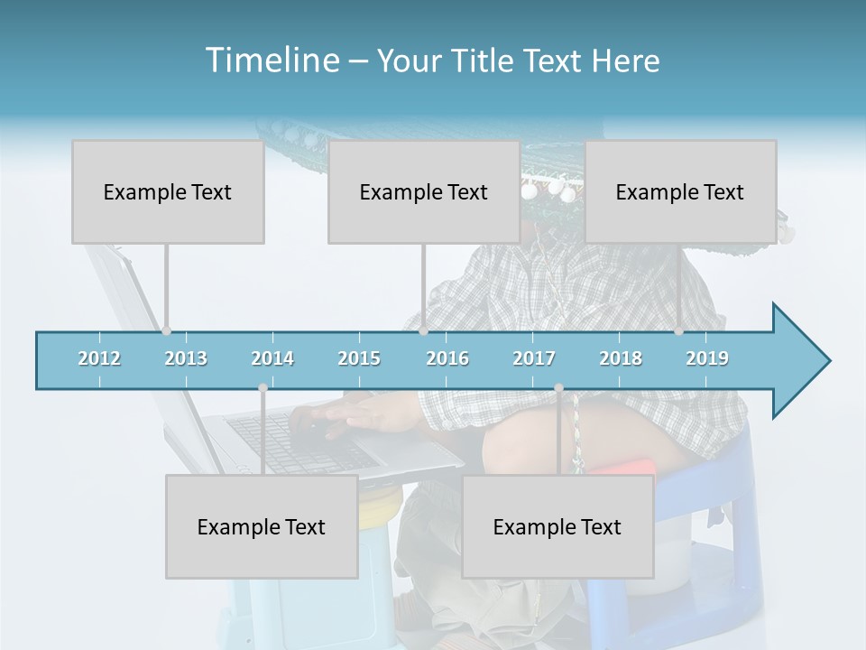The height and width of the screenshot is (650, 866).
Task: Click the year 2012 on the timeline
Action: coord(99,358)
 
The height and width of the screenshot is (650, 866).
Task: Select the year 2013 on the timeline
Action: coord(186,358)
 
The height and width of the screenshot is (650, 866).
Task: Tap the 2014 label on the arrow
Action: coord(272,358)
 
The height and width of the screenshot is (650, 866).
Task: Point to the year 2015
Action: coord(359,358)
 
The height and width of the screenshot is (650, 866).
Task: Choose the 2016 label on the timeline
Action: coord(447,358)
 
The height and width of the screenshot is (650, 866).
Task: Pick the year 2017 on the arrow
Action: coord(534,358)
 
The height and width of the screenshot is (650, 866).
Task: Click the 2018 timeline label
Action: coord(621,358)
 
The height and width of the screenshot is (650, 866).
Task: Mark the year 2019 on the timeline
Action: coord(707,358)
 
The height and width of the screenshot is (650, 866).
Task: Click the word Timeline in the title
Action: coord(271,60)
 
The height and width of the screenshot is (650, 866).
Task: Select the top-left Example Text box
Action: coord(168,191)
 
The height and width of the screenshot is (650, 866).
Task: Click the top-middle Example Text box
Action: coord(423,191)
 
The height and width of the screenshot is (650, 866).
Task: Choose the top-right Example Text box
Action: coord(680,191)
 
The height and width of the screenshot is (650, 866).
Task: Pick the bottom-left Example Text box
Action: coord(262,526)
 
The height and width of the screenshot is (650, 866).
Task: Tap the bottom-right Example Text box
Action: coord(557,526)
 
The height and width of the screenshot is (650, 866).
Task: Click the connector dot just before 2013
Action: coord(166,331)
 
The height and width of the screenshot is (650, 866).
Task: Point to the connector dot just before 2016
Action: coord(423,331)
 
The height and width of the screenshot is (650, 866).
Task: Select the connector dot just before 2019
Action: coord(679,331)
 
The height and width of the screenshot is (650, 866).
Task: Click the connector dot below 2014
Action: coord(263,387)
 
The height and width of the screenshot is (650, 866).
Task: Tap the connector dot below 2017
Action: coord(558,387)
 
